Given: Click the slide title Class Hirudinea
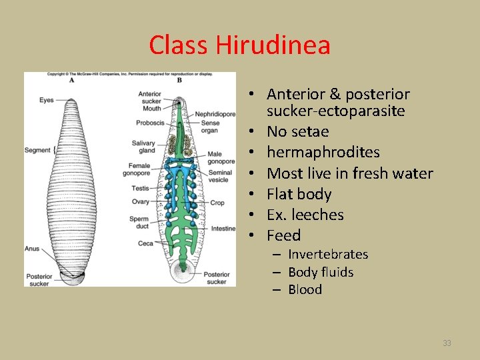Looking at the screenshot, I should tap(239, 45).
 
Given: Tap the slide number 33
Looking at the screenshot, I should tap(447, 343).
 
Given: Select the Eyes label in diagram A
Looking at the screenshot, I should tap(46, 101).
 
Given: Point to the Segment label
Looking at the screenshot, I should tap(37, 150).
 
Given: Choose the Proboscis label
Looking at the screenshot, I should tap(150, 123).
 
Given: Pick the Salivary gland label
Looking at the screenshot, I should tap(144, 147).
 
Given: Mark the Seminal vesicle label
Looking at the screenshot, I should tap(218, 176).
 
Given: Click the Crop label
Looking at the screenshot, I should tap(217, 203).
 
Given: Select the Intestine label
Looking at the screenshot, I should tap(223, 228).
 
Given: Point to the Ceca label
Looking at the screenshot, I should tap(145, 243).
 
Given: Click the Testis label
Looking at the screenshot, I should tap(140, 189).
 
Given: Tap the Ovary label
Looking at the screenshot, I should tap(141, 202).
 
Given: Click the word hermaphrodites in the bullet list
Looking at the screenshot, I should tap(323, 153).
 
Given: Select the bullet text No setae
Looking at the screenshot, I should tap(298, 132).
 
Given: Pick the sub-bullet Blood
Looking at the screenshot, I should tap(305, 289).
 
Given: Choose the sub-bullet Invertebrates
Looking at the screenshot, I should tap(327, 254).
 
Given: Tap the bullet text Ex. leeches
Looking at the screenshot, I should tap(305, 215).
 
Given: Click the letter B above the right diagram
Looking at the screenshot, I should tap(179, 80).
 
